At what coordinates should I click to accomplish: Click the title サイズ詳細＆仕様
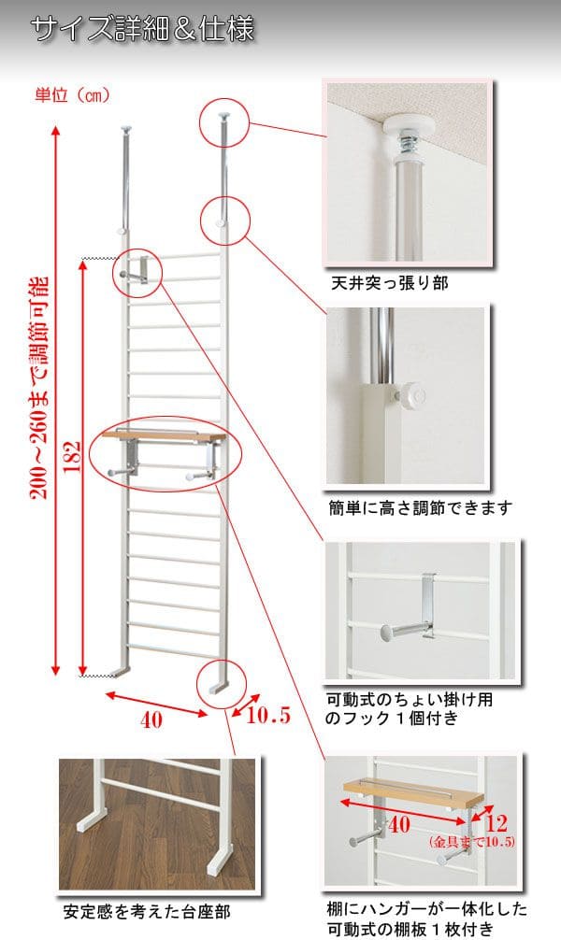(142, 29)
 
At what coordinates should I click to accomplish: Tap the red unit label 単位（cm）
(73, 95)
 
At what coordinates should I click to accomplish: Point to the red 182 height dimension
(72, 457)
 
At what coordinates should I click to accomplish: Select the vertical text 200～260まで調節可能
(39, 388)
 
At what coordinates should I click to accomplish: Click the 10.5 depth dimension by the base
(268, 715)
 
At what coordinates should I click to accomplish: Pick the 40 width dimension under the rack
(151, 719)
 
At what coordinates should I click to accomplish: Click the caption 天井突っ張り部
(390, 282)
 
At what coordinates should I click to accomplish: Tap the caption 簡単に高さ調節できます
(420, 507)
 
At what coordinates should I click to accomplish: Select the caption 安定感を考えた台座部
(147, 912)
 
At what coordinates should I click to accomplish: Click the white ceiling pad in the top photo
(409, 128)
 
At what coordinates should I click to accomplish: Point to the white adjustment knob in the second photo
(412, 395)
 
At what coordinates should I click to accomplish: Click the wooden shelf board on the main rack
(164, 435)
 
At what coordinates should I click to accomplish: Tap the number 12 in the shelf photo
(496, 822)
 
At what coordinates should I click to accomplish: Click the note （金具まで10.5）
(471, 842)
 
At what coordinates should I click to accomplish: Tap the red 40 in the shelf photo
(399, 824)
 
